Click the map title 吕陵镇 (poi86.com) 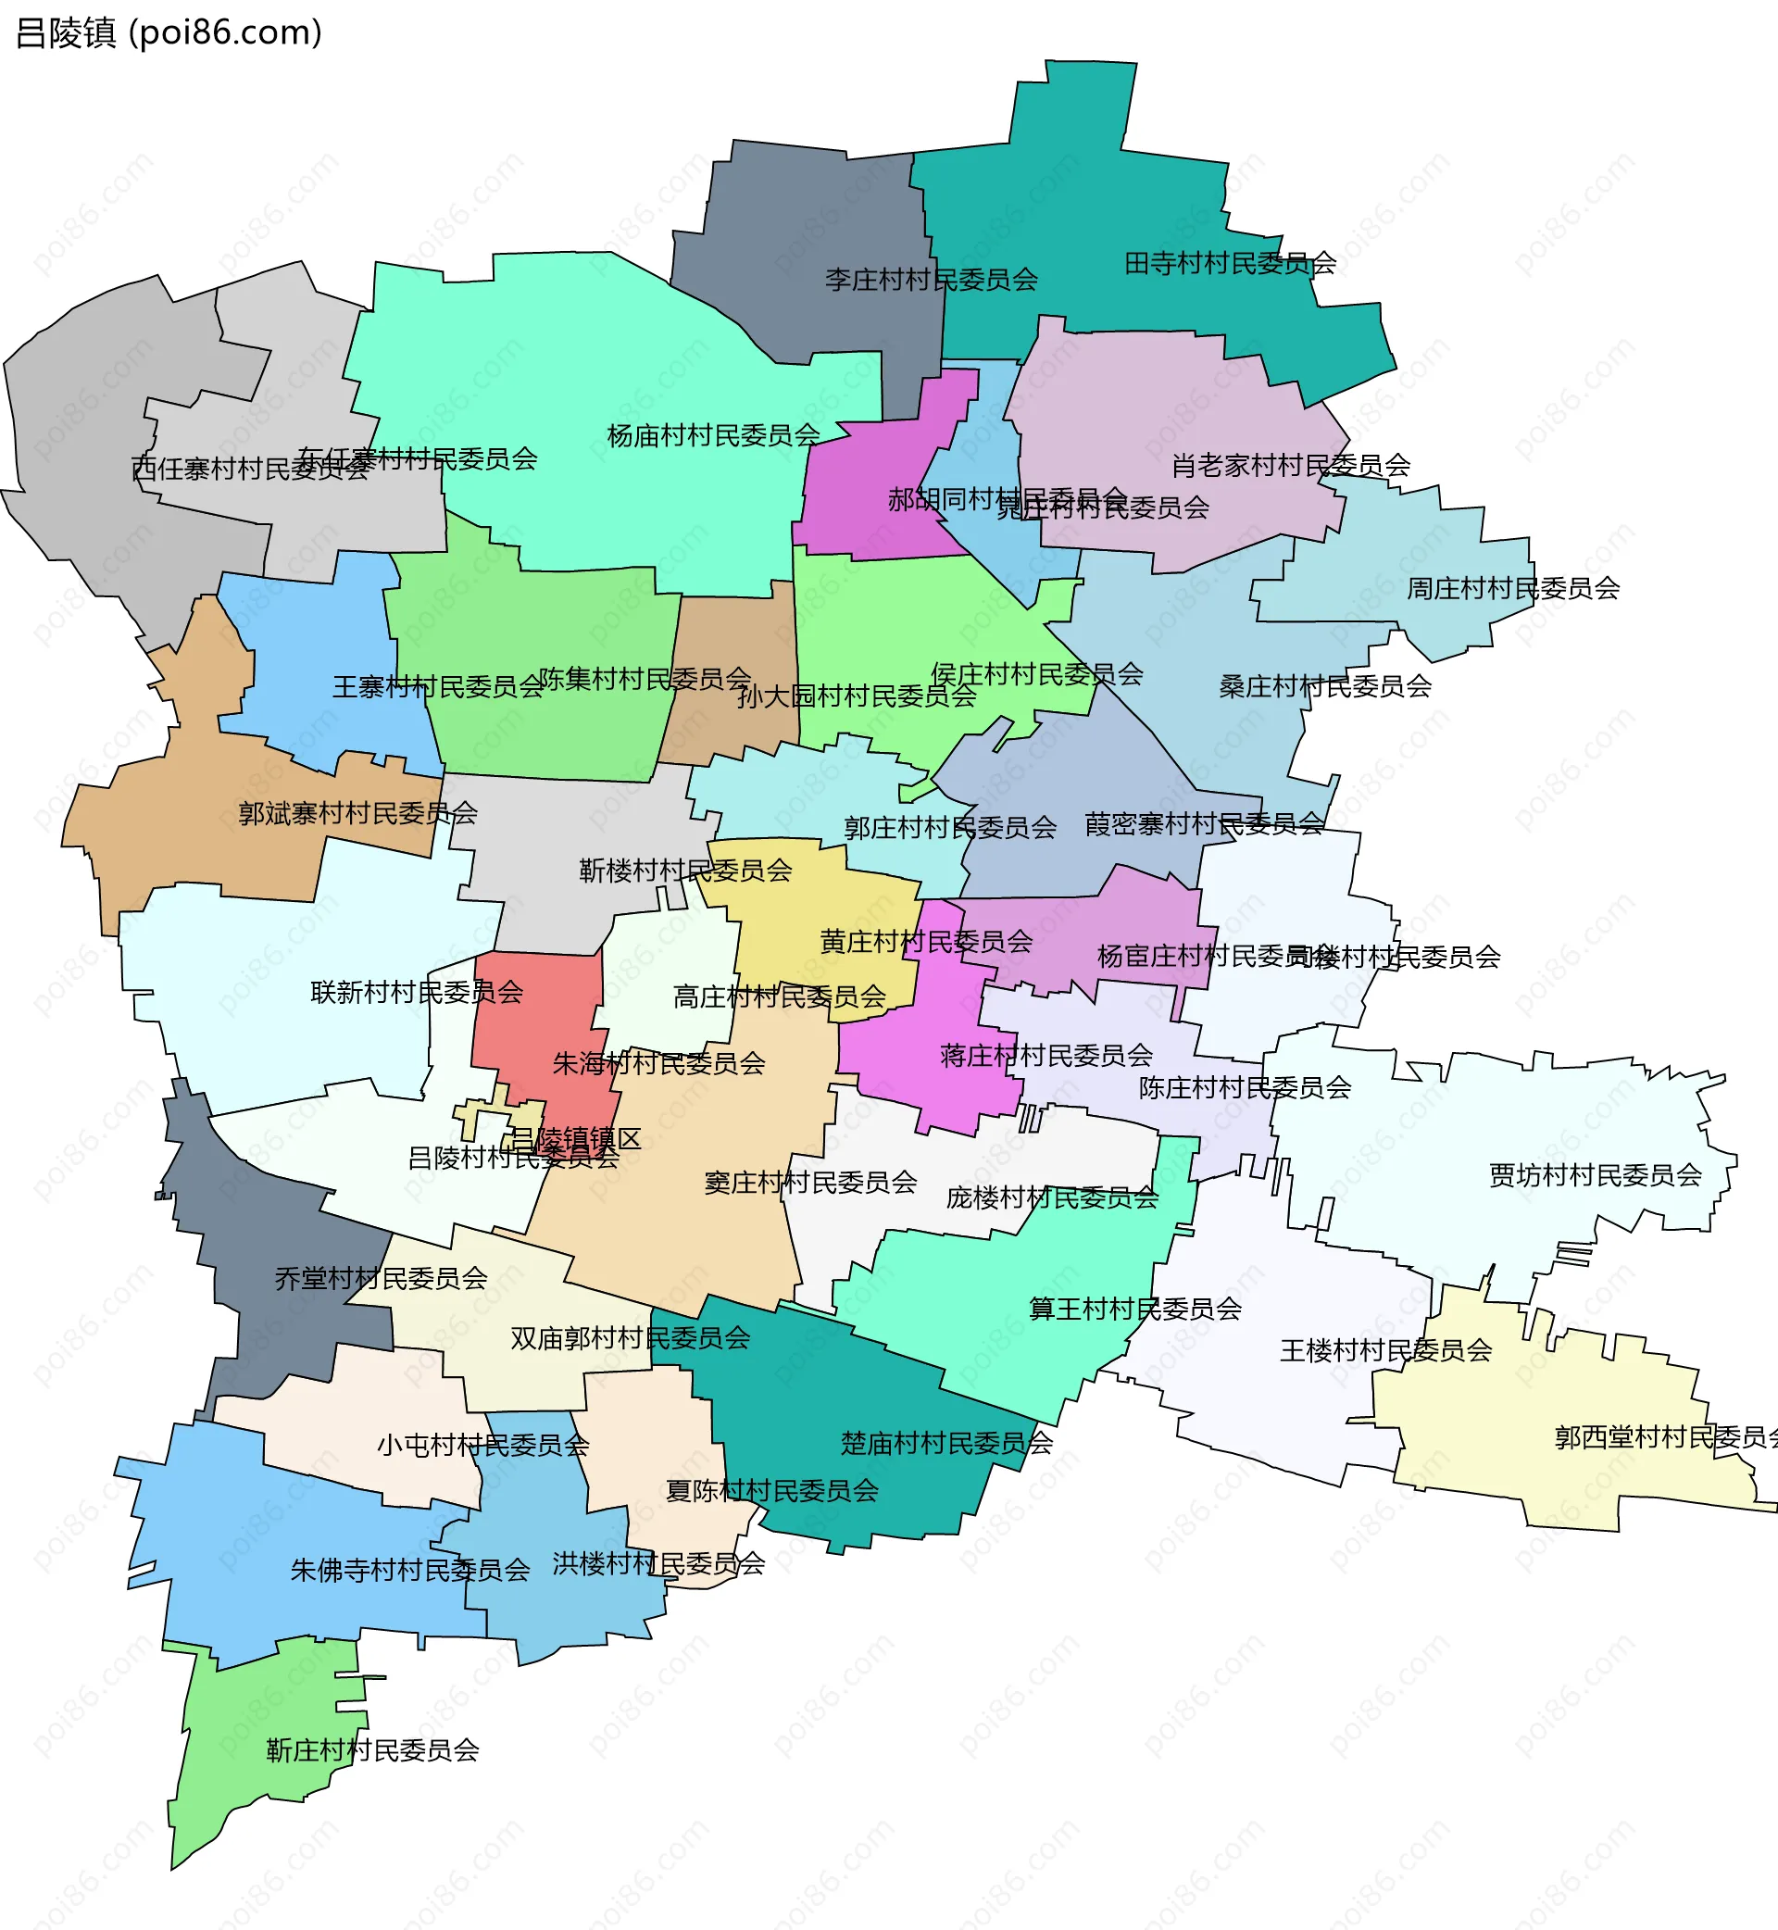169,32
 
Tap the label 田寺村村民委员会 1230,263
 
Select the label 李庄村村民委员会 931,280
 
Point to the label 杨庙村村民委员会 713,436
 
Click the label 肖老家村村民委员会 1290,466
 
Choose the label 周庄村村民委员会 1512,588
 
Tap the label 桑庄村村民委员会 1325,686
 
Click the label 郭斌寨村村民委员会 357,813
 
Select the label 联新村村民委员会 416,992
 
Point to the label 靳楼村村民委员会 685,871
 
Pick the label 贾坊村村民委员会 1596,1174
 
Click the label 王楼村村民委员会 1385,1351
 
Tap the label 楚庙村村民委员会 946,1443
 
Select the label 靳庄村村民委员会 372,1750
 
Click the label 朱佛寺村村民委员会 410,1570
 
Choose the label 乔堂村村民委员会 381,1279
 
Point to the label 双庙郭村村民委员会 631,1338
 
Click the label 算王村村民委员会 1135,1309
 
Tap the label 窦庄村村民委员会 810,1183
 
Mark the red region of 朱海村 539,1020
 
